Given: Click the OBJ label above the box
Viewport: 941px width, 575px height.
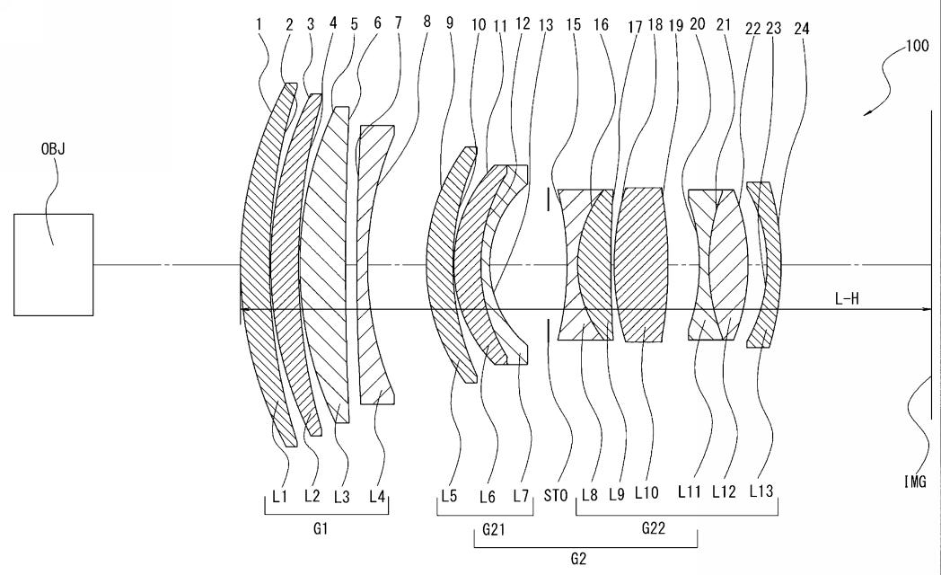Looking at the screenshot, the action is [x=53, y=148].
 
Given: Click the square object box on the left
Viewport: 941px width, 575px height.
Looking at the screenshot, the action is [x=53, y=265].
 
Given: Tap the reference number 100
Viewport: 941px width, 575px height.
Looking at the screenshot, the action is [x=916, y=46].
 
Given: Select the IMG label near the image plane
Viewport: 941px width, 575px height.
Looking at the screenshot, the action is [x=915, y=482].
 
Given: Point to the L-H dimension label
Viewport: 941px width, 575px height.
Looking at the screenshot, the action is [x=846, y=298].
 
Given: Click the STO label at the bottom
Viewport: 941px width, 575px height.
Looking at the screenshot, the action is [x=556, y=496].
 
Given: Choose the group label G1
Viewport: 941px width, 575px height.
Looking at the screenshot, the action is [x=321, y=529].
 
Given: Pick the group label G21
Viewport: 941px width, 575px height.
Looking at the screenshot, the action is [x=493, y=529].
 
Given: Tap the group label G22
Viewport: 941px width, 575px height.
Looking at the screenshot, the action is [x=654, y=529].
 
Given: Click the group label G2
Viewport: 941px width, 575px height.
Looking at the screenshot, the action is [x=578, y=560].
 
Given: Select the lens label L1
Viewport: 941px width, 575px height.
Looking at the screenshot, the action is [x=280, y=496].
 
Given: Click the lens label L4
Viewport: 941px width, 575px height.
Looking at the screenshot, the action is [x=377, y=496].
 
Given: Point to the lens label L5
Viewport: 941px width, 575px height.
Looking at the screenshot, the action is [x=449, y=496].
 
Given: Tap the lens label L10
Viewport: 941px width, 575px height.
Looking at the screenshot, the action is [x=646, y=492].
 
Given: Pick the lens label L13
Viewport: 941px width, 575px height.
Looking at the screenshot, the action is [x=761, y=491].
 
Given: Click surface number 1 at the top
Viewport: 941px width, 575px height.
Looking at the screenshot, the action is [x=259, y=24].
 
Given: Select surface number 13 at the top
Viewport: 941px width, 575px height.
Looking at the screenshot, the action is [x=546, y=25].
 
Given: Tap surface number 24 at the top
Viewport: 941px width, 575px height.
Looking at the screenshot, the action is [x=801, y=29].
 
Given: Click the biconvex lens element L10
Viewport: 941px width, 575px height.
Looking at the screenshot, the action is [x=641, y=265].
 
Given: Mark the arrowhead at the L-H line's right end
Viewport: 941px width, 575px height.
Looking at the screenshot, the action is [x=928, y=309].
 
